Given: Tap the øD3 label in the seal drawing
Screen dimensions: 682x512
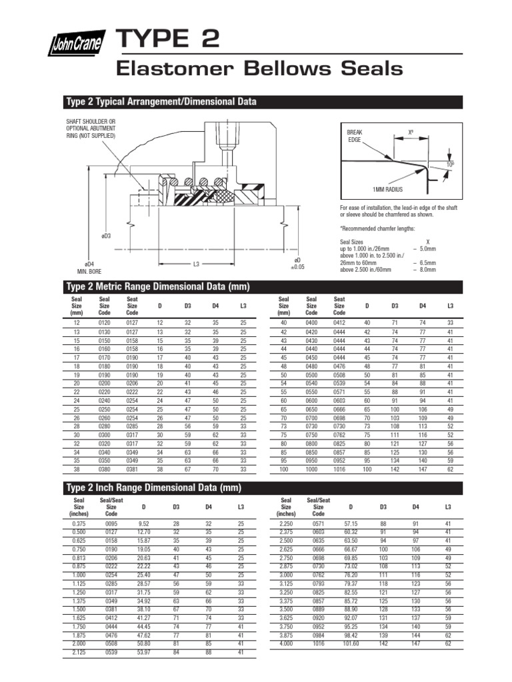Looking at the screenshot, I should point(105,236).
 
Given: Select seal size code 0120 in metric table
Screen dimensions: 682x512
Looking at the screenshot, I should point(104,322).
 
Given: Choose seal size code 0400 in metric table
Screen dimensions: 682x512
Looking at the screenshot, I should point(311,322).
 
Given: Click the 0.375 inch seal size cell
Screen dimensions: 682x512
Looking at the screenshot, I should point(75,524).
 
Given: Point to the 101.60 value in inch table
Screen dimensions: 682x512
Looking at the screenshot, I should point(351,644).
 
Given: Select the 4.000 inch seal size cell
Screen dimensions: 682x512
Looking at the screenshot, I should point(286,644).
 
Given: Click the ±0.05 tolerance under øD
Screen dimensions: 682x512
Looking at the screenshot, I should point(297,266).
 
